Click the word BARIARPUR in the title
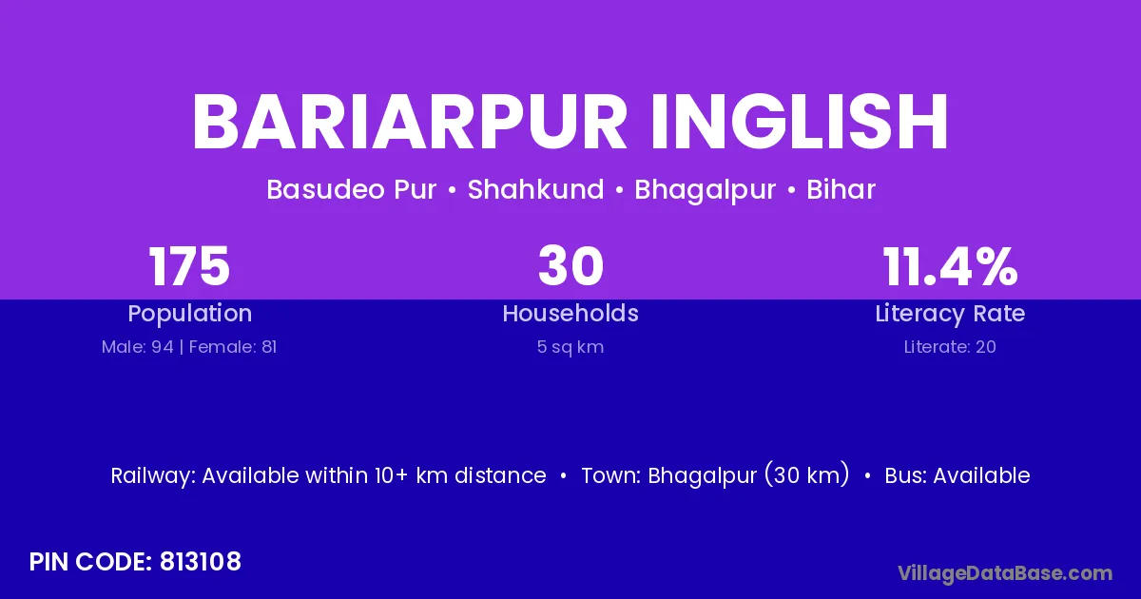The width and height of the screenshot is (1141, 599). (409, 122)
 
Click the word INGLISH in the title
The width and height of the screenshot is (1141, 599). (800, 122)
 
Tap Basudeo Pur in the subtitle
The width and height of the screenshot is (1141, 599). (352, 189)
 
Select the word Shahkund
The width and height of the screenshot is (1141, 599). (536, 189)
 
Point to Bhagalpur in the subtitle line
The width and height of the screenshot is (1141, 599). (705, 190)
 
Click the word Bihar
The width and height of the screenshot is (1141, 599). (841, 189)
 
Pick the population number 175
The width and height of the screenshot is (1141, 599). (189, 266)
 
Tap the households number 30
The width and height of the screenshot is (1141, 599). (571, 266)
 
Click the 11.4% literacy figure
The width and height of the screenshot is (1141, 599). (951, 266)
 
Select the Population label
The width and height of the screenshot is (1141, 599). (190, 314)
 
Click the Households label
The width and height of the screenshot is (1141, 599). (570, 313)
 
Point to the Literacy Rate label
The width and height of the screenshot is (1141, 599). (950, 314)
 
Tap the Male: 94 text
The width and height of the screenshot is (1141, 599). (138, 347)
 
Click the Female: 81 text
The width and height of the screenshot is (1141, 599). (233, 347)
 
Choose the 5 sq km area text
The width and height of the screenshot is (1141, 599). (570, 347)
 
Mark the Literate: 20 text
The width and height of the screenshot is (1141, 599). (950, 347)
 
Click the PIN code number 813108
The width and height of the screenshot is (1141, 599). (201, 562)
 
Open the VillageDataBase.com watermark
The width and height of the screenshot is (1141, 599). (1005, 573)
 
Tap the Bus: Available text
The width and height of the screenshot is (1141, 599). (957, 475)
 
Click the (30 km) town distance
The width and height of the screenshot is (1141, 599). (807, 475)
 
